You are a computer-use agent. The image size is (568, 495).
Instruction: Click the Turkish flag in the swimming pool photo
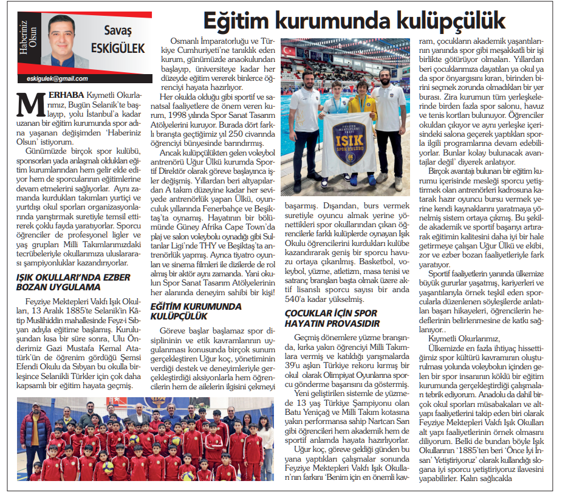tap(289, 50)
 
